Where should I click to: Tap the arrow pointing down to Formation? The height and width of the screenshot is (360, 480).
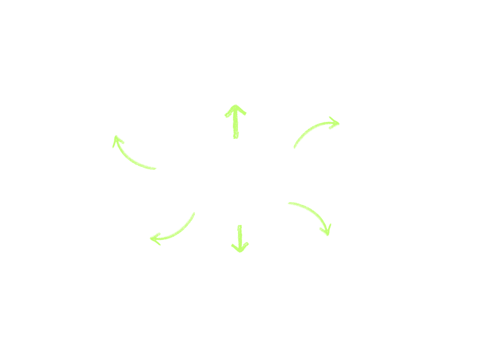click(x=240, y=237)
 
